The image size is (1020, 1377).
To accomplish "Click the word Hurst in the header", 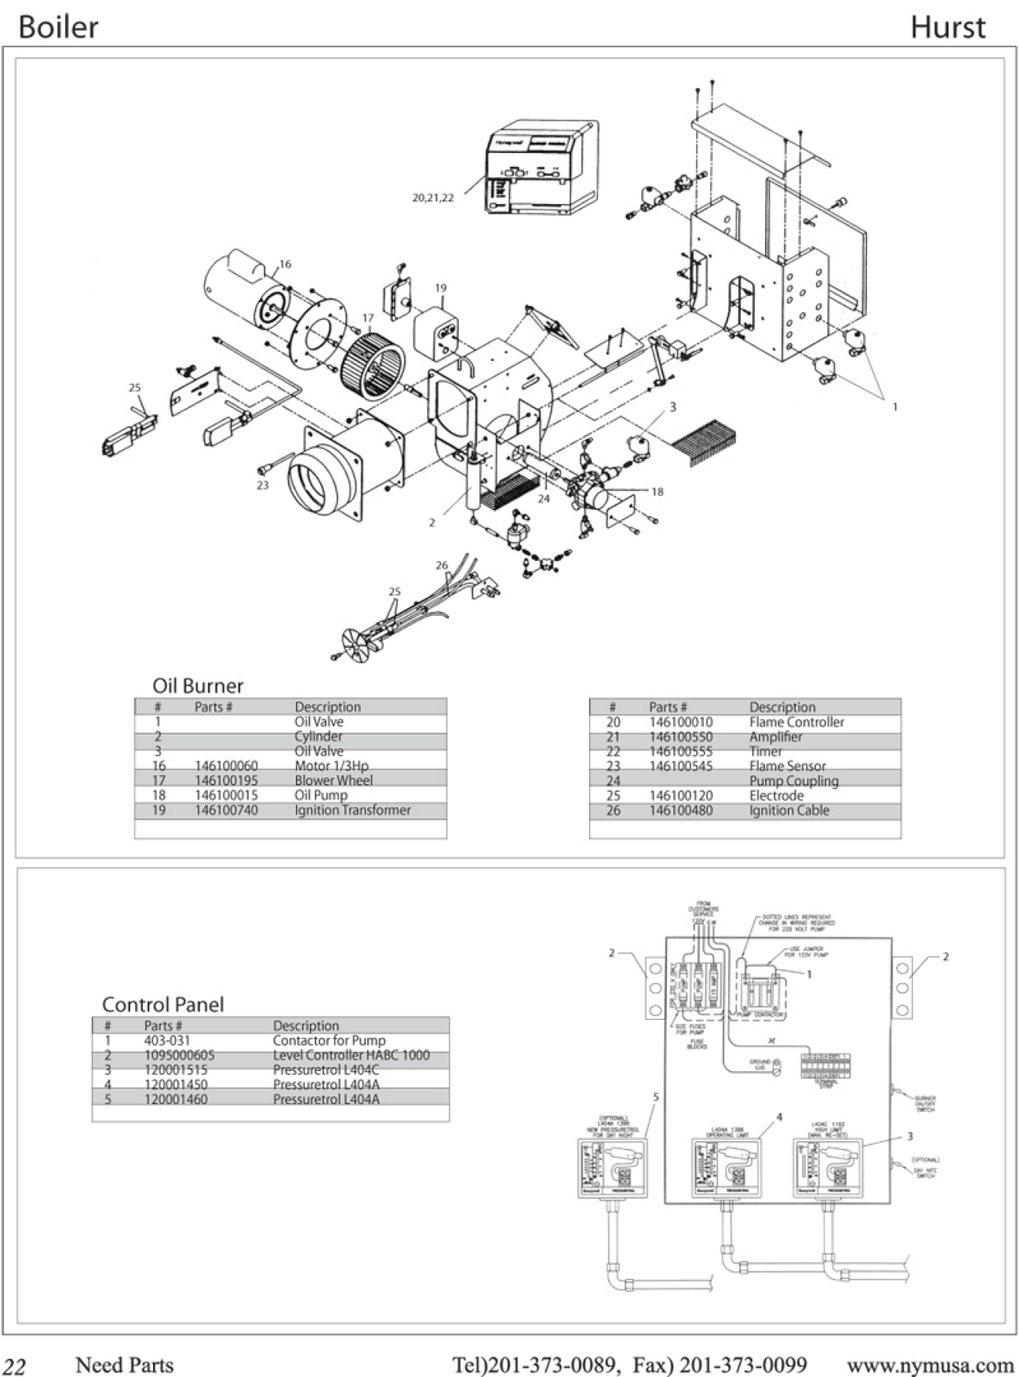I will point(947,27).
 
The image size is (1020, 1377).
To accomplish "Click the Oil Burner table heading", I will point(198,685).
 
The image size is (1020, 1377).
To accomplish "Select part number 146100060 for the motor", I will point(226,766).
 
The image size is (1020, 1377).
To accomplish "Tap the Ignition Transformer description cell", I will point(352,810).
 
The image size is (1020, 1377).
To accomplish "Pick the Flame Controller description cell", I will point(796,722).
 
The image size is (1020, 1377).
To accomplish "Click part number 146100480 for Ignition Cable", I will point(680,811).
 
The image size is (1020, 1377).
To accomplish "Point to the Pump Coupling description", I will point(793,781).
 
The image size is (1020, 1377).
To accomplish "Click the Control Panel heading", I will point(162,1004).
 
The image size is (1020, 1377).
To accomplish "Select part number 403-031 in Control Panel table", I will point(167,1040).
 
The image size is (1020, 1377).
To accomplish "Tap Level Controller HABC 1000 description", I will point(351,1055).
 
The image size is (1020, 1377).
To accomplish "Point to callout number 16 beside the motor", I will point(285,264).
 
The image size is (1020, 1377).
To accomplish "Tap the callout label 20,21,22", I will point(433,198).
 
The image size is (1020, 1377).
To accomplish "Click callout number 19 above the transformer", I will point(441,288).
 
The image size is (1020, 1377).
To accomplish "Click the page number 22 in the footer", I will point(15,1366).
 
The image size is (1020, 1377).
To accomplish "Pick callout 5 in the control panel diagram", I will point(656,1097).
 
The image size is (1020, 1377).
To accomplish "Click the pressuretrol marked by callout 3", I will point(828,1167).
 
